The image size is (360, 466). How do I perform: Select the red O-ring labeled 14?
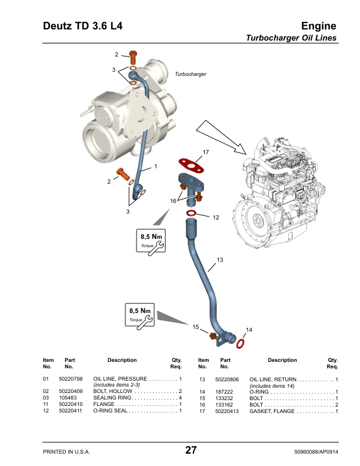tap(241, 343)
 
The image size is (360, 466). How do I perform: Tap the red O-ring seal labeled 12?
tap(191, 213)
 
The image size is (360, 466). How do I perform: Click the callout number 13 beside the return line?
tap(219, 259)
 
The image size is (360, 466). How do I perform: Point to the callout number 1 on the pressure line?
tap(155, 167)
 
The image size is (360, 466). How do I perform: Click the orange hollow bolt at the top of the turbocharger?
tap(133, 58)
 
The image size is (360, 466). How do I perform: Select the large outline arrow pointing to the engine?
tap(221, 137)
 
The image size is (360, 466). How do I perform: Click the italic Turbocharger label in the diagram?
tap(191, 74)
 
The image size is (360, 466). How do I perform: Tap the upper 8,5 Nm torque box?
tap(151, 241)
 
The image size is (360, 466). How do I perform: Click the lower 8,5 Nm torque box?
tap(139, 315)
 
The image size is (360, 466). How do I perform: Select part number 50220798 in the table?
tap(71, 379)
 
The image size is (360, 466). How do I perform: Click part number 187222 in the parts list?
tap(224, 392)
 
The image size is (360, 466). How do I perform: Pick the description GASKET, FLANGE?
tap(272, 411)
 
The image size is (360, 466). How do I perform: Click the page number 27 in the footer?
tap(191, 450)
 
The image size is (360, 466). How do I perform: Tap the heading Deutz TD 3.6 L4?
tap(82, 26)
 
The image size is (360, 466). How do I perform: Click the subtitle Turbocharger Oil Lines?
tap(291, 38)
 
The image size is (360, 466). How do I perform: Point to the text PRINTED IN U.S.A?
tap(66, 452)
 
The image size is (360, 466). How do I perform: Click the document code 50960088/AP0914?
tap(316, 452)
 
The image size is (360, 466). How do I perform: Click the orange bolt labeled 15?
tap(213, 336)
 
